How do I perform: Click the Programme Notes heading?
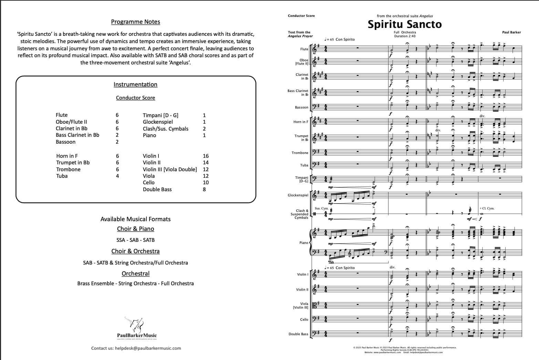(x=135, y=22)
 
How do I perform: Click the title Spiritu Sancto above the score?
(x=404, y=24)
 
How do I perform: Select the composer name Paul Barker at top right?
(x=511, y=32)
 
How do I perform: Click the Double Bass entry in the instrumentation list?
(x=157, y=189)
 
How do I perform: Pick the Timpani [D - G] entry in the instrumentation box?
(x=160, y=115)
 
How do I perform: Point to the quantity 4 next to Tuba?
(x=117, y=176)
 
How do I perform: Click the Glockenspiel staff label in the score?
(x=298, y=195)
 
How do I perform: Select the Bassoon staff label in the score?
(x=301, y=107)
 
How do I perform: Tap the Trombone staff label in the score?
(x=300, y=153)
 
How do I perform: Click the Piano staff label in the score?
(x=303, y=243)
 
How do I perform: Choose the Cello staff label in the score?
(x=304, y=320)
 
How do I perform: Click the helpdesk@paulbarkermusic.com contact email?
(x=148, y=348)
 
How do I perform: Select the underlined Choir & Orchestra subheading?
(x=135, y=251)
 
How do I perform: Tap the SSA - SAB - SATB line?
(x=135, y=240)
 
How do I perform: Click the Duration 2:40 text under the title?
(x=405, y=36)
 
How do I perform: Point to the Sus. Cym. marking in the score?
(x=321, y=208)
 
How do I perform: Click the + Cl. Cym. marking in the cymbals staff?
(x=487, y=208)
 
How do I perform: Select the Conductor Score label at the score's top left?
(x=301, y=16)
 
